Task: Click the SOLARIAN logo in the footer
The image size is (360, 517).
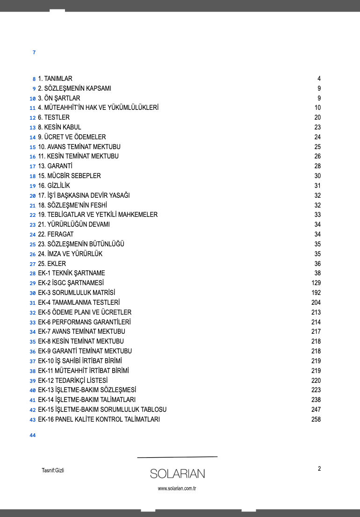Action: click(x=177, y=474)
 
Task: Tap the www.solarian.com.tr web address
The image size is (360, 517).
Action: click(x=177, y=488)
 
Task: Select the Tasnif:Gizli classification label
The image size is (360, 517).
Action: click(x=53, y=470)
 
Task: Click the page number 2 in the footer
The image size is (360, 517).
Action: click(x=319, y=468)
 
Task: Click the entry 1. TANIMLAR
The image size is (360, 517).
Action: click(x=55, y=79)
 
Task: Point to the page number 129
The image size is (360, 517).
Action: click(x=316, y=283)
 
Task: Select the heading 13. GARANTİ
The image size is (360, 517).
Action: click(x=55, y=166)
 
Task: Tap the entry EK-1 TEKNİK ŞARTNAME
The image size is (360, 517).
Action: click(x=72, y=273)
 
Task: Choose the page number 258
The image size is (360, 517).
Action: click(x=316, y=419)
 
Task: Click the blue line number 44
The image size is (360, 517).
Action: click(x=33, y=436)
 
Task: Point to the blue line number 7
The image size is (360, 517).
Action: click(x=34, y=52)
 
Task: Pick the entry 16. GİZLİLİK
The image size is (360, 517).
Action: click(x=54, y=186)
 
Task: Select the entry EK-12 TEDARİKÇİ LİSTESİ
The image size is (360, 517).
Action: click(x=73, y=381)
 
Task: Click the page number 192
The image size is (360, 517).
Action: click(x=316, y=293)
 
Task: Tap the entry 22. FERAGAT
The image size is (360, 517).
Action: click(x=56, y=234)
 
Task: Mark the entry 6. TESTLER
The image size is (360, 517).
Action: click(x=54, y=117)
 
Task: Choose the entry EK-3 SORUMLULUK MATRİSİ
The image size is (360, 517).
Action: click(x=77, y=293)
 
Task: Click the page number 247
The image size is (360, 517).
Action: click(x=316, y=409)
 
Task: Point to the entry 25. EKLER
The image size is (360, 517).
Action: click(x=52, y=264)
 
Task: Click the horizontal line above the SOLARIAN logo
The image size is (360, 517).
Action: click(x=177, y=457)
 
